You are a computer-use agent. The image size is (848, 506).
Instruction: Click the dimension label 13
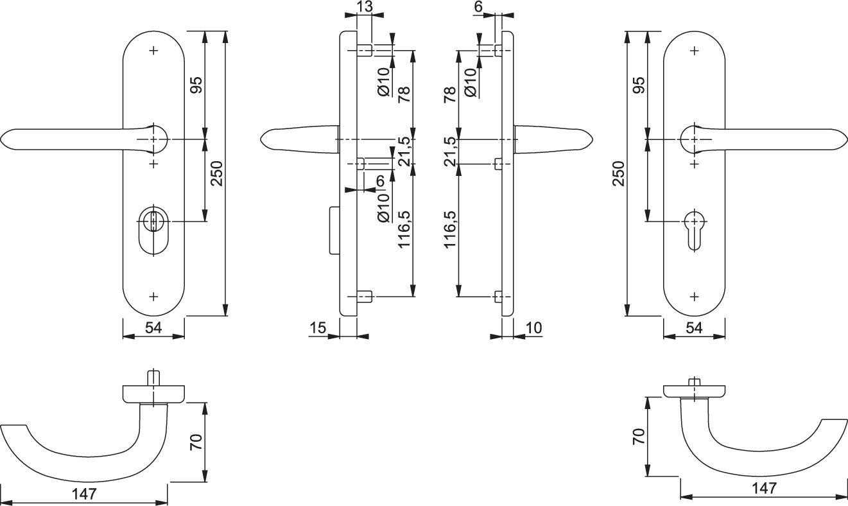coord(364,6)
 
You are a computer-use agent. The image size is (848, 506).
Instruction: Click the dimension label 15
coord(317,327)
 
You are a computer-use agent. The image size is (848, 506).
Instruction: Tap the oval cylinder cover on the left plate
coord(153,231)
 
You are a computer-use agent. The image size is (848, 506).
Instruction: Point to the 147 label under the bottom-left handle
coord(85,494)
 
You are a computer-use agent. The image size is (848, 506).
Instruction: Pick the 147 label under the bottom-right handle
coord(765,488)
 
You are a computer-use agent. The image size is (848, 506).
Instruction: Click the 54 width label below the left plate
coord(153,327)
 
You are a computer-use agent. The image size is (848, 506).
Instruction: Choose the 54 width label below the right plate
coord(695,327)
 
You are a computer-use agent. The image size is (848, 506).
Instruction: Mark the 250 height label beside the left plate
coord(216,173)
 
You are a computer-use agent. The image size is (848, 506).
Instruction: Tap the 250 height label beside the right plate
coord(618,173)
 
